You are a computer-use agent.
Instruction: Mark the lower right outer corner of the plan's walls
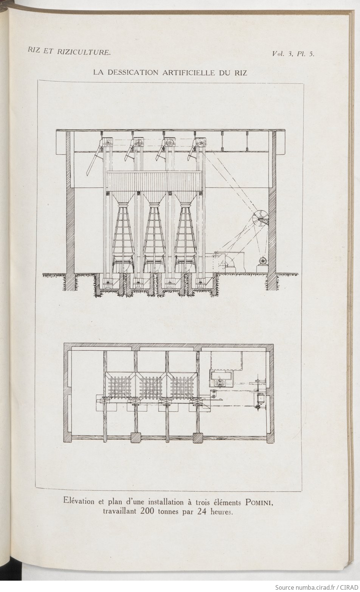274,443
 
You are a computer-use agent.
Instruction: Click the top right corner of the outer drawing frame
303,84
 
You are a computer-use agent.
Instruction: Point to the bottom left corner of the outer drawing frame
36,488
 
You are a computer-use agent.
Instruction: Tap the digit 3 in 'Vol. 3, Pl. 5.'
290,54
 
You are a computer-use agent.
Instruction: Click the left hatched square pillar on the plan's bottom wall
135,438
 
